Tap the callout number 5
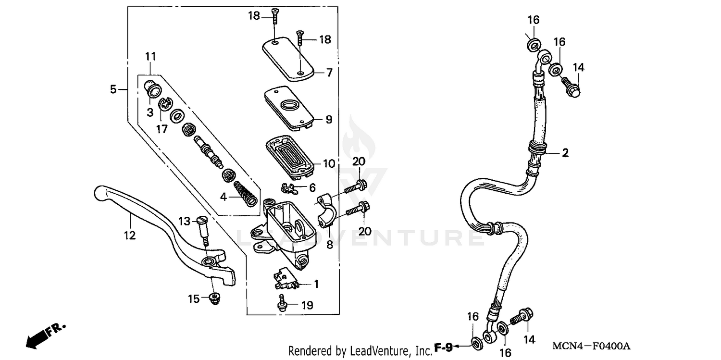click(x=113, y=89)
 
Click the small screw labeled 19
click(x=282, y=305)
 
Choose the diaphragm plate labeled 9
click(x=288, y=107)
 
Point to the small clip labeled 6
click(x=290, y=186)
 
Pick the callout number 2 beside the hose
click(x=565, y=153)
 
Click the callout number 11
click(x=150, y=57)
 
